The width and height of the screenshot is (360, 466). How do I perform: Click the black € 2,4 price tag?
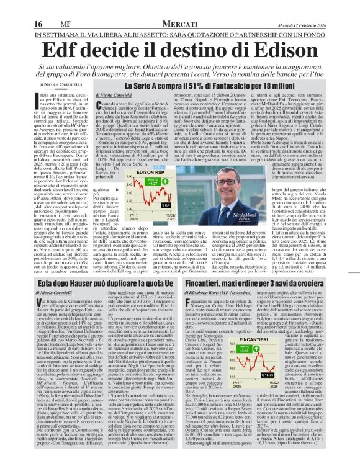click(x=166, y=204)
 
